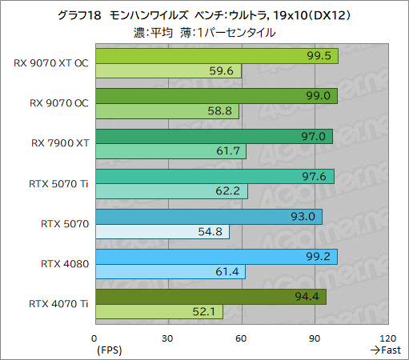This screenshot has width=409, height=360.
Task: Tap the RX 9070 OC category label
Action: [x=58, y=103]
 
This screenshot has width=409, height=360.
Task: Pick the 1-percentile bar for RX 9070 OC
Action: [x=166, y=111]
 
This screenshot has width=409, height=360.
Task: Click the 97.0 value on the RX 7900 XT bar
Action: [x=312, y=136]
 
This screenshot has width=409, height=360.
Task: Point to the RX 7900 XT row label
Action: [x=60, y=143]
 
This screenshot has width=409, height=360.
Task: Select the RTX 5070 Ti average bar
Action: [x=214, y=176]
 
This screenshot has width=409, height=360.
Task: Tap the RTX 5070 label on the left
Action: [x=66, y=223]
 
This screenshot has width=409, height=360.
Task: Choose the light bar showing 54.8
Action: [x=162, y=232]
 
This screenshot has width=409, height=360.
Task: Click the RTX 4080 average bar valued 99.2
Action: [x=216, y=256]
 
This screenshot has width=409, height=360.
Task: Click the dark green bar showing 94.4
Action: [x=210, y=297]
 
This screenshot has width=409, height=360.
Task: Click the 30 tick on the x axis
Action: [x=168, y=337]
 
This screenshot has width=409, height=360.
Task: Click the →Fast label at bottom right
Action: [x=385, y=350]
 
